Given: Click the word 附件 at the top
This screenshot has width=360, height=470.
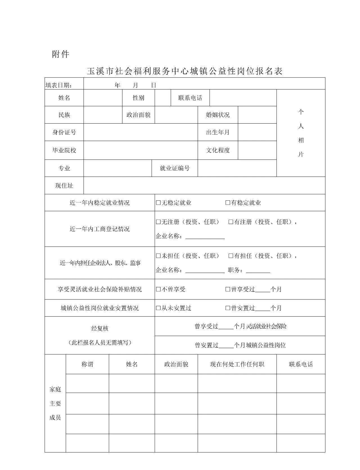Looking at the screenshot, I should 60,54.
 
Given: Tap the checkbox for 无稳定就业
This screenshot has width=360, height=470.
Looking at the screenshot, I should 158,203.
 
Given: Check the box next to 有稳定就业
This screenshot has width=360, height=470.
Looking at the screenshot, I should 228,203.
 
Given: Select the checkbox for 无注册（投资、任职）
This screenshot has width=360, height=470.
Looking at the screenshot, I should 158,222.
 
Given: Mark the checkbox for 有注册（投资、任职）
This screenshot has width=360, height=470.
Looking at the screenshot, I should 231,222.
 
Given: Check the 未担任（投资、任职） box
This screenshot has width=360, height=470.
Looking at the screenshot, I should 158,256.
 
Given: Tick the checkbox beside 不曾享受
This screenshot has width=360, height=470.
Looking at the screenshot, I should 158,289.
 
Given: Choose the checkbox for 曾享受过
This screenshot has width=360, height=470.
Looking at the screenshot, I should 228,289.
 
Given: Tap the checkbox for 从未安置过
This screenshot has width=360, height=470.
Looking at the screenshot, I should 158,308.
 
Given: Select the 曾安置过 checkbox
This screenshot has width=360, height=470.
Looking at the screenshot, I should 228,308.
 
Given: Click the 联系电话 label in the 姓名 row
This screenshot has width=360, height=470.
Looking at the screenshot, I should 190,98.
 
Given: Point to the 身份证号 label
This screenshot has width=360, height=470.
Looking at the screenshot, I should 64,132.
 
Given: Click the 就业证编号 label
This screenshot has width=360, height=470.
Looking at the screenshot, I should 175,168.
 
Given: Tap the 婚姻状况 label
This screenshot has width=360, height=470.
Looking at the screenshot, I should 218,115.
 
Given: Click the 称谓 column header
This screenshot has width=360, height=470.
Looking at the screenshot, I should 87,364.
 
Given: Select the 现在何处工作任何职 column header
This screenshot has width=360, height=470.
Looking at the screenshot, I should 237,364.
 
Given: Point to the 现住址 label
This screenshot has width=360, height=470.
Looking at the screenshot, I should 64,186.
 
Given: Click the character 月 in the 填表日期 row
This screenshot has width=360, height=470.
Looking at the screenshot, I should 136,85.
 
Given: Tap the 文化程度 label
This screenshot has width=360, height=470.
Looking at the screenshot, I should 218,150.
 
